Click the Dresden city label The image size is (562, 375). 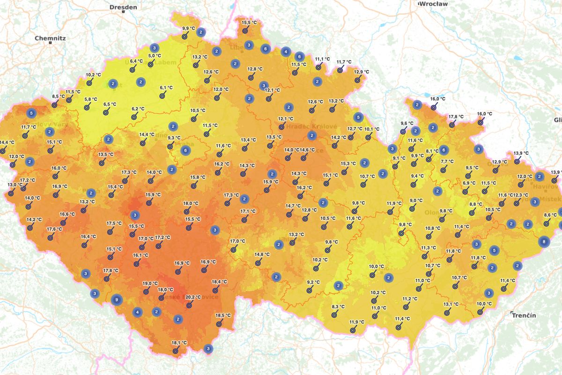click(x=123, y=7)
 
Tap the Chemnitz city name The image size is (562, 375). click(x=50, y=38)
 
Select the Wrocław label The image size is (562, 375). click(x=433, y=4)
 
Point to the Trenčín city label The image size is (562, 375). click(x=524, y=315)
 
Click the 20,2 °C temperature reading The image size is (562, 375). click(x=193, y=297)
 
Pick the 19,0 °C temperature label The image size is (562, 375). click(x=150, y=283)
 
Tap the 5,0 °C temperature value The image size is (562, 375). click(x=155, y=56)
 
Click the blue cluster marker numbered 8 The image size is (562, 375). click(x=543, y=242)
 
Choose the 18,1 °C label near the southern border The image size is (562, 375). click(x=179, y=343)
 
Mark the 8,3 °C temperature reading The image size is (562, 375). click(x=338, y=307)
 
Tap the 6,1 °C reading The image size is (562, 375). click(x=166, y=88)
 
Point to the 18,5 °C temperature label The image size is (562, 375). click(x=223, y=315)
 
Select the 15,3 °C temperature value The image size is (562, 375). click(x=348, y=164)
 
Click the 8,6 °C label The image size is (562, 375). click(x=550, y=215)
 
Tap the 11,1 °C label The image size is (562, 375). click(x=322, y=60)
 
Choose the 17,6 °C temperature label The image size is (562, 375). click(x=54, y=229)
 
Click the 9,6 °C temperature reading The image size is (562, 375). click(x=407, y=123)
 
